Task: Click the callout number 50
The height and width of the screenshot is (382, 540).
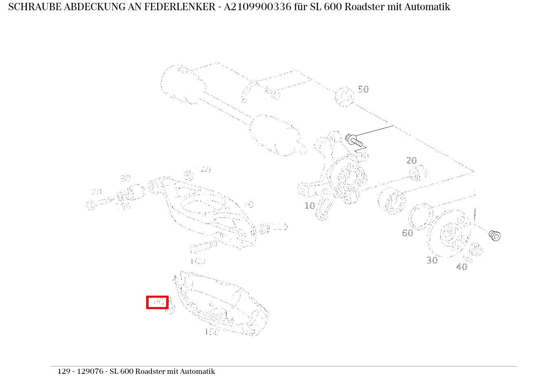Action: pos(363,90)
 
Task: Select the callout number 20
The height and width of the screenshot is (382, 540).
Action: pos(411,161)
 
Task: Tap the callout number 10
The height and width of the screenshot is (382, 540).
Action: pos(310,206)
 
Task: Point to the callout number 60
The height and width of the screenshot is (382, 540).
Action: pos(407,233)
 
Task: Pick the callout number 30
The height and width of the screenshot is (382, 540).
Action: pos(432,261)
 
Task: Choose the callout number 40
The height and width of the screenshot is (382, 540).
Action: pos(461,267)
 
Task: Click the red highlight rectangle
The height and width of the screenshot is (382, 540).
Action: pos(157,302)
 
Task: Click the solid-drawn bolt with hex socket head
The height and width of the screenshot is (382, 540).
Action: pos(494,235)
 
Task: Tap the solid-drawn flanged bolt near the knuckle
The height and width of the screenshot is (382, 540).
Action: pos(354,141)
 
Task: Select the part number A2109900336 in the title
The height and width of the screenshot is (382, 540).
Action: pos(255,7)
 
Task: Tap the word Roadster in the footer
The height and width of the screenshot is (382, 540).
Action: pos(151,371)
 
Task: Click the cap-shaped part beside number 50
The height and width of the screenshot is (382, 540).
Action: pos(344,97)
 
